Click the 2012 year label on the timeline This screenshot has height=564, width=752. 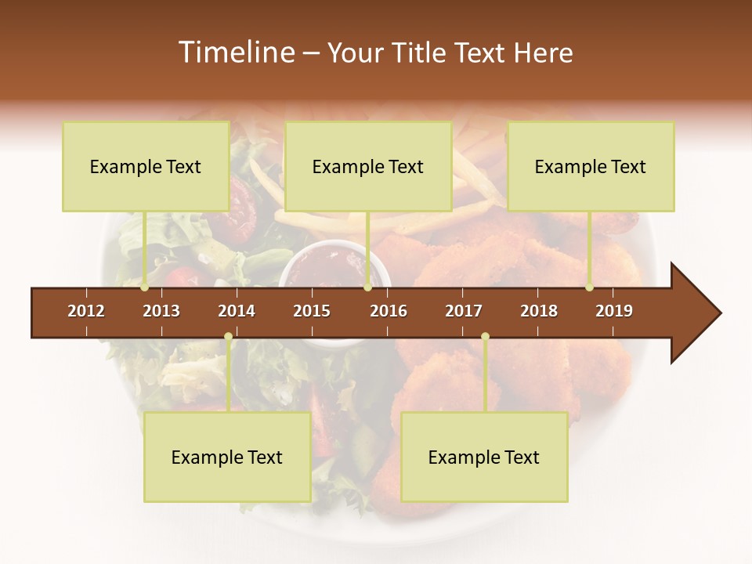[x=86, y=311]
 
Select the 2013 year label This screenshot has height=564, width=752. [x=161, y=311]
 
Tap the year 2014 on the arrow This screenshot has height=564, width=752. [x=237, y=311]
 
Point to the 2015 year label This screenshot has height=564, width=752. [x=312, y=311]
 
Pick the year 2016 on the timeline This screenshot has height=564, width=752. [x=389, y=311]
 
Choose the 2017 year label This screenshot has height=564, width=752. [x=464, y=311]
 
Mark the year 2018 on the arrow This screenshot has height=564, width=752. [x=539, y=311]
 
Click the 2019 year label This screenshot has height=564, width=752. [x=614, y=311]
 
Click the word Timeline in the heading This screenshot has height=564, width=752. [x=234, y=52]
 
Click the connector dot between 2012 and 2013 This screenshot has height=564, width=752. [x=145, y=287]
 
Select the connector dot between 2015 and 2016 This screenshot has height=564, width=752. [x=368, y=287]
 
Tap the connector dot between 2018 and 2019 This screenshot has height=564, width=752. [x=589, y=287]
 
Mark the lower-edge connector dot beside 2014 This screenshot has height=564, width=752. [x=228, y=337]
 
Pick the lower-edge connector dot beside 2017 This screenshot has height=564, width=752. [x=485, y=337]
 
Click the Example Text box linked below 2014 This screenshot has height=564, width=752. [x=227, y=457]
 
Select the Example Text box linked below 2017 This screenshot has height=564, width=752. [x=484, y=457]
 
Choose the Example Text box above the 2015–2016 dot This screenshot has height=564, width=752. [x=368, y=166]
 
